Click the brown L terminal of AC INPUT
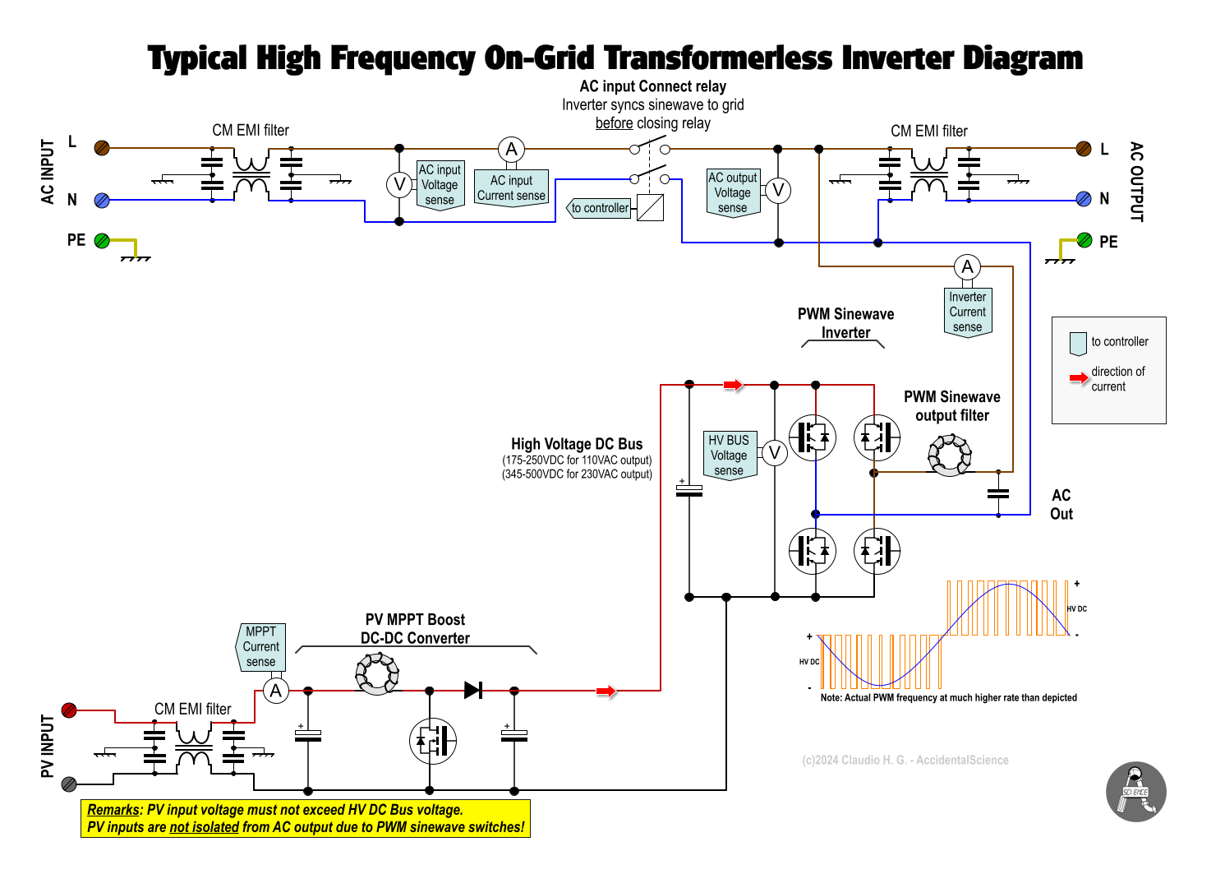102,148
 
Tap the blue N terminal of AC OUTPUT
1084,198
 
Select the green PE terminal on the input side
102,241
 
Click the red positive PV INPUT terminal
69,710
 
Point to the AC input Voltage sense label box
440,185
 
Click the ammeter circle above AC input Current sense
511,150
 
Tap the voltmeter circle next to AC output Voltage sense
777,191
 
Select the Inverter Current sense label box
967,312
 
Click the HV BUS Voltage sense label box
729,455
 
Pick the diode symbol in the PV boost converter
473,690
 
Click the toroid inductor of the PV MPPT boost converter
377,673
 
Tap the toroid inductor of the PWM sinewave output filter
950,455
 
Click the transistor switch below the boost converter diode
433,740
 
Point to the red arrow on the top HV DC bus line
733,385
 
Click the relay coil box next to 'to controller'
650,207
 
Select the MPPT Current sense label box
261,646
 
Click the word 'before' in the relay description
614,123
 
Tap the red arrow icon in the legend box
1079,378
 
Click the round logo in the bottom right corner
1135,792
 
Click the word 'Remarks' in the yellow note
113,810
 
